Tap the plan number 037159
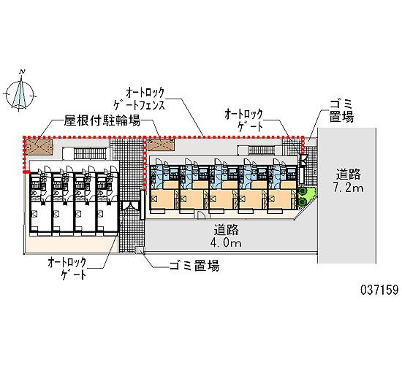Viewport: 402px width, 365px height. [379, 290]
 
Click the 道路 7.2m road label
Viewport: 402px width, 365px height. [348, 181]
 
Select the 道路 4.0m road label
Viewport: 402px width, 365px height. [226, 236]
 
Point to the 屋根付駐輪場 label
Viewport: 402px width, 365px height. [102, 120]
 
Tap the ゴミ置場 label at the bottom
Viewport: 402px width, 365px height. [194, 266]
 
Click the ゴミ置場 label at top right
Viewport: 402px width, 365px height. [341, 111]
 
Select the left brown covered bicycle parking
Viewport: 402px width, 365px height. [39, 147]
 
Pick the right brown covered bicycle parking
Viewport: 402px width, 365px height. [162, 145]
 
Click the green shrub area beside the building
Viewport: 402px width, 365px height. [306, 196]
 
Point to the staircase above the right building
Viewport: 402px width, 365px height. [261, 150]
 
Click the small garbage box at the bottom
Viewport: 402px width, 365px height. [140, 249]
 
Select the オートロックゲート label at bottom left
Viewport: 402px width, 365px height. [68, 269]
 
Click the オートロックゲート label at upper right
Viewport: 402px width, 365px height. [243, 120]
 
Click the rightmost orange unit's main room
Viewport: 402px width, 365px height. [279, 199]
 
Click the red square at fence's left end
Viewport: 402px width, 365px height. [26, 172]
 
